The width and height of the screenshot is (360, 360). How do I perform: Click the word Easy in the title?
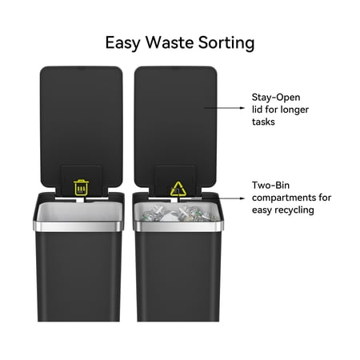(122, 43)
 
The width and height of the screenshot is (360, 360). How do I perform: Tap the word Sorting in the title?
(226, 43)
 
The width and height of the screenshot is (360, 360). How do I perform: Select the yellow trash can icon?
(81, 188)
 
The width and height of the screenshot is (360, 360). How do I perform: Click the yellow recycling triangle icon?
(178, 189)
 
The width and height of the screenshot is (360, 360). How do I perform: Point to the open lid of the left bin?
(82, 126)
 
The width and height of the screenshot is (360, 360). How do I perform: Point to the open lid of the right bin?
(175, 126)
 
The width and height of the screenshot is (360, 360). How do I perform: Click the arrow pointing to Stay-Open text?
(225, 108)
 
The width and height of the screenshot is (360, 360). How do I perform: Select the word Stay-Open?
(276, 98)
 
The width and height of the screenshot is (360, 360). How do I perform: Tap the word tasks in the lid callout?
(263, 122)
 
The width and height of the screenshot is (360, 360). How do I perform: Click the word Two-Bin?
(270, 185)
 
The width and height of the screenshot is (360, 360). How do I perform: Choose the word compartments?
(284, 198)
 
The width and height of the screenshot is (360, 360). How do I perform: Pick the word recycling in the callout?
(294, 210)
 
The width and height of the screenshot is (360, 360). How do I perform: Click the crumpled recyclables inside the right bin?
(178, 214)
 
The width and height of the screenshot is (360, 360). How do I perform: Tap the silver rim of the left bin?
(78, 226)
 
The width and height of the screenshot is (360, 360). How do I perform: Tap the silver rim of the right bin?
(178, 226)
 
